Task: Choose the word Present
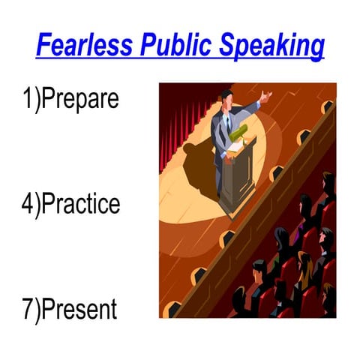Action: [78, 309]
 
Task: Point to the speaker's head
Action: [226, 97]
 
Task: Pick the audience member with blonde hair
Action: [304, 266]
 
